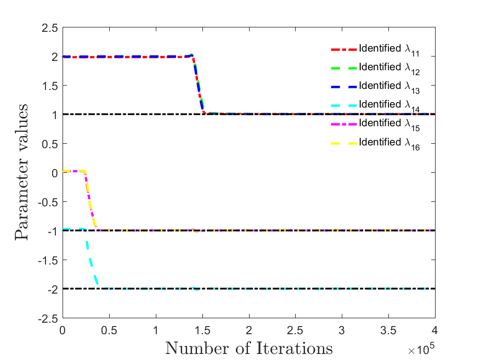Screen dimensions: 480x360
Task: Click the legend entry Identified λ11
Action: (375, 49)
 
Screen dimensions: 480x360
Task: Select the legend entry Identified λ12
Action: (375, 68)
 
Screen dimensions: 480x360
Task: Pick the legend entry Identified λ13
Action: (375, 87)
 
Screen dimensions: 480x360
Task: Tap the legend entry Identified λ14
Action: (375, 105)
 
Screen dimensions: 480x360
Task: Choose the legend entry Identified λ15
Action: (375, 124)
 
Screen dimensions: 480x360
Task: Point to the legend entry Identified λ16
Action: (375, 143)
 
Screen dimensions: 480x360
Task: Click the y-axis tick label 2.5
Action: (50, 28)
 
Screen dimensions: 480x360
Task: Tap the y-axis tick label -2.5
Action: (48, 319)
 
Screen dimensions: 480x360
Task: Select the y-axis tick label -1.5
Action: (48, 261)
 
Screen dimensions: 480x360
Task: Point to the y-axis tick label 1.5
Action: (50, 86)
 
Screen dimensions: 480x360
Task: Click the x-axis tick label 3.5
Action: (388, 330)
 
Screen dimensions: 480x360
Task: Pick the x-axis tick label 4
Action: (434, 330)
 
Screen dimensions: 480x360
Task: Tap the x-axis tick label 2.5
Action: (295, 330)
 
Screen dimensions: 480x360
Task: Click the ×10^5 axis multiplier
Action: (421, 348)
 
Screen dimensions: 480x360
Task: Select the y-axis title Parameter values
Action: (21, 172)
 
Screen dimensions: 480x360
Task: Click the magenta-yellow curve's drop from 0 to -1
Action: (91, 200)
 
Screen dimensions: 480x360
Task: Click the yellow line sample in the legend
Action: (344, 143)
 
